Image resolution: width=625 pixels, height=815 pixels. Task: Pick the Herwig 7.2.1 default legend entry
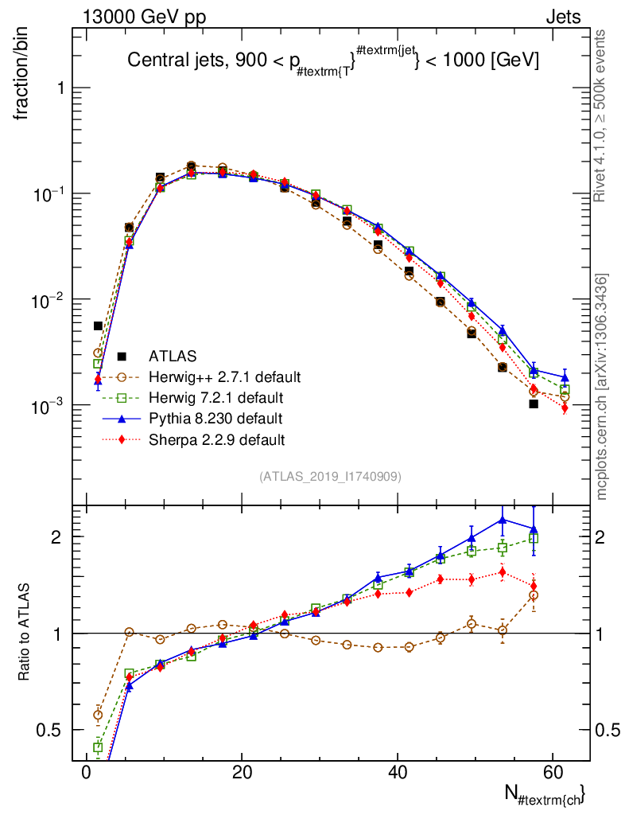click(215, 397)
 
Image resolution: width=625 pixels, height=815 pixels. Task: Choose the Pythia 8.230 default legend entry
click(215, 418)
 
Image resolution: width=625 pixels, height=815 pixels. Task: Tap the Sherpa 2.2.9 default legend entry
click(216, 439)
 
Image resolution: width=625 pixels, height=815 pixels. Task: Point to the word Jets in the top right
click(562, 17)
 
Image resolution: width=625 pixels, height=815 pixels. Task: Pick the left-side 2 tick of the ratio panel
click(57, 537)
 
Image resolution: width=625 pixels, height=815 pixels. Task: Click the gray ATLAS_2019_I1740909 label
click(329, 477)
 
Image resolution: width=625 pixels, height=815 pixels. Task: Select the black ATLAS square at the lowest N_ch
click(98, 326)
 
